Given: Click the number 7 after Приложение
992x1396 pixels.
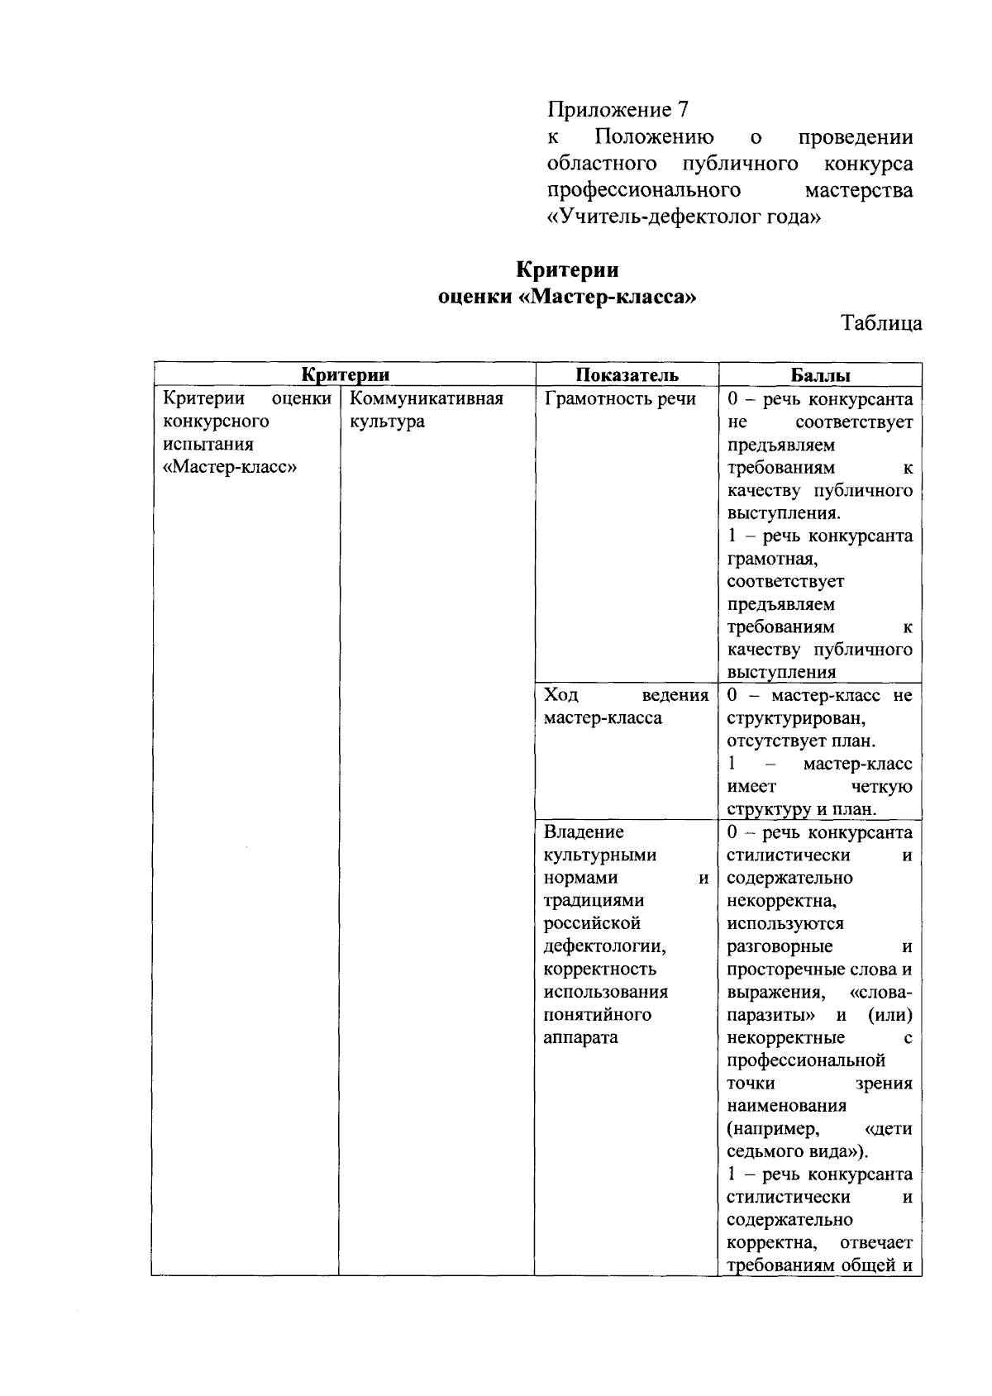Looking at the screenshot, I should click(682, 109).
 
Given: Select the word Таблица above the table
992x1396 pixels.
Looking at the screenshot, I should click(881, 323).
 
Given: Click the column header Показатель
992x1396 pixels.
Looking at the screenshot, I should click(627, 374).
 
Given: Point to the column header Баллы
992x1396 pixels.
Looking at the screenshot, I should click(820, 374).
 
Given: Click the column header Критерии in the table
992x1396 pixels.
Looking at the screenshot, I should click(345, 374).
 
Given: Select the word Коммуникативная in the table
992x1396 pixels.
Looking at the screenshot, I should click(427, 399).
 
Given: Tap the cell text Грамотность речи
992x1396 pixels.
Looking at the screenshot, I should click(620, 399).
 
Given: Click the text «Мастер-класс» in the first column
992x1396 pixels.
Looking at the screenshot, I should click(231, 468).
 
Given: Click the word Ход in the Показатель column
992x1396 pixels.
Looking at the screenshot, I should click(561, 695).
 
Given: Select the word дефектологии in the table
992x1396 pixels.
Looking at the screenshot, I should click(605, 946).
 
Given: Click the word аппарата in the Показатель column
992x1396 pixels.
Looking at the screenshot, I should click(580, 1037).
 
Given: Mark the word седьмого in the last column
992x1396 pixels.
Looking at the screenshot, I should click(765, 1151).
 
